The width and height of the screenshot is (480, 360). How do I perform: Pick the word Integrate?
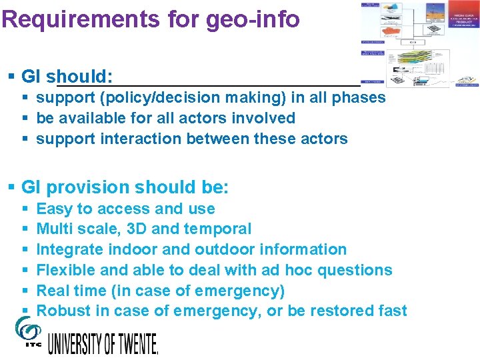[69, 249]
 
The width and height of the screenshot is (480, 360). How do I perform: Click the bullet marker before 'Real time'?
[25, 291]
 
